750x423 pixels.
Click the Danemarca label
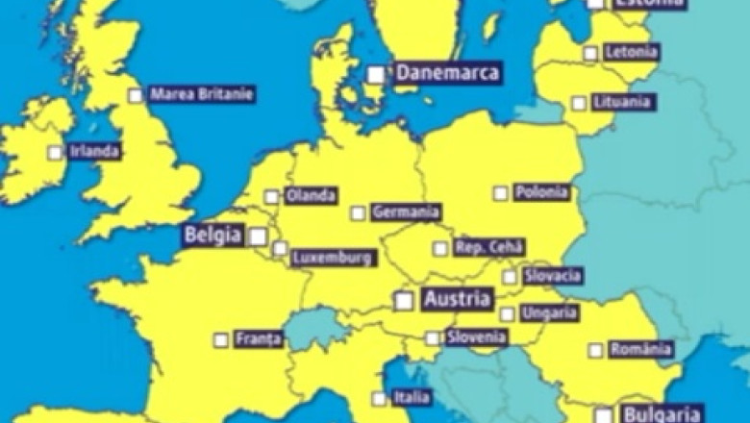click(447, 73)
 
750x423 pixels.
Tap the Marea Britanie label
click(202, 94)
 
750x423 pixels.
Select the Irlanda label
click(94, 152)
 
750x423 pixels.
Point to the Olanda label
click(312, 196)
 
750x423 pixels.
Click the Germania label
click(406, 212)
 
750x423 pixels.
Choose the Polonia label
click(541, 192)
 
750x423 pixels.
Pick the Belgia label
click(212, 236)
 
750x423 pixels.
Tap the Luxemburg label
click(332, 258)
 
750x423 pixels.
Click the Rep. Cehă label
click(489, 247)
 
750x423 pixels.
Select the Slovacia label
click(553, 276)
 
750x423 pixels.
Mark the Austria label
click(457, 299)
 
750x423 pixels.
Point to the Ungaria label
click(549, 313)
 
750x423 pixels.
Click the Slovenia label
click(476, 337)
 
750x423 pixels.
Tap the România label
click(640, 349)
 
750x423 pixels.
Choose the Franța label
click(258, 339)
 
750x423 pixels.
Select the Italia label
click(412, 397)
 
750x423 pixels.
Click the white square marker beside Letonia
click(590, 54)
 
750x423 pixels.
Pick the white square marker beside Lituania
click(579, 103)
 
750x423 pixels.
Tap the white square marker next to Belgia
click(258, 236)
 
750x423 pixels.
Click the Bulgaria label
click(662, 414)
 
